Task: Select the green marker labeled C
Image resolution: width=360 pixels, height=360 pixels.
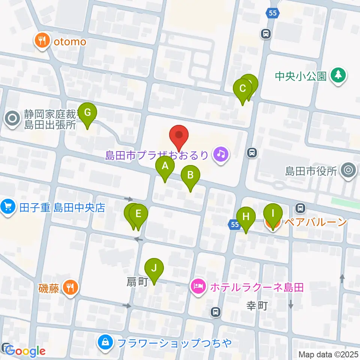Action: pyautogui.click(x=243, y=89)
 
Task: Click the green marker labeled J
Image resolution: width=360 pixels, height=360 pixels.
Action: pyautogui.click(x=154, y=268)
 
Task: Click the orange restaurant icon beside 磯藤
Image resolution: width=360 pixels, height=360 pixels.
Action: pyautogui.click(x=70, y=288)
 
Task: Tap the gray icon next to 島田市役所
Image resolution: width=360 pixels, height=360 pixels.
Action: pyautogui.click(x=348, y=171)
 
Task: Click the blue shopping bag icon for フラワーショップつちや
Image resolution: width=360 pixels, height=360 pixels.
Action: pyautogui.click(x=106, y=343)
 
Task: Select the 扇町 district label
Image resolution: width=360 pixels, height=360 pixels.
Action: pyautogui.click(x=138, y=282)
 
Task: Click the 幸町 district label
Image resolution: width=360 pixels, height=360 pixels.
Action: pyautogui.click(x=257, y=306)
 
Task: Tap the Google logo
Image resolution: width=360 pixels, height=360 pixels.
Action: pyautogui.click(x=25, y=351)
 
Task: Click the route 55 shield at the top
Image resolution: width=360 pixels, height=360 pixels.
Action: pyautogui.click(x=273, y=13)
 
